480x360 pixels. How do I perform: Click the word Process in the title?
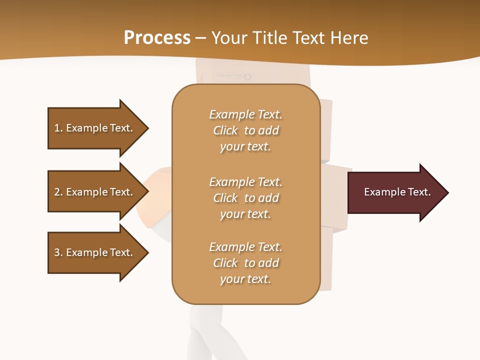coord(157,38)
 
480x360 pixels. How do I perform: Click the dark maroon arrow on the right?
coord(395,192)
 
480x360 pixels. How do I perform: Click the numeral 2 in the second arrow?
coord(57,192)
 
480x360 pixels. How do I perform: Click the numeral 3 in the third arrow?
coord(57,252)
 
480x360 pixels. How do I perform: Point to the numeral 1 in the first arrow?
coord(57,128)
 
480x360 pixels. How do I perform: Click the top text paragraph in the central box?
coord(245,130)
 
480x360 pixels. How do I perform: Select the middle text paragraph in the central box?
coord(245,198)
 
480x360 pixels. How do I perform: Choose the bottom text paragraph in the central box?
coord(245,263)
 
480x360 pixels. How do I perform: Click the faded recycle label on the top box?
coord(235,76)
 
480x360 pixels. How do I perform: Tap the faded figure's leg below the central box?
coord(206,330)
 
